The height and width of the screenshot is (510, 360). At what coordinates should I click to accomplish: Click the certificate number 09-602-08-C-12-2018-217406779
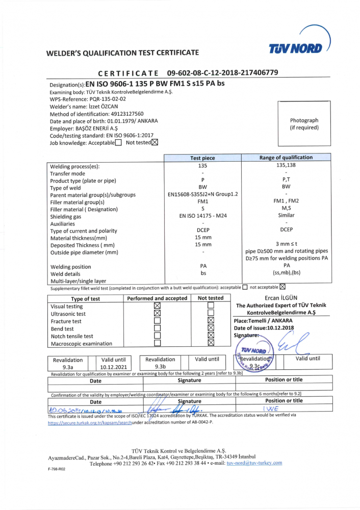coord(222,73)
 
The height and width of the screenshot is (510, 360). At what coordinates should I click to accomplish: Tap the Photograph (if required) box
coord(304,124)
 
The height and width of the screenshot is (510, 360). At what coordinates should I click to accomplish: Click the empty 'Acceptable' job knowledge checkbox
coord(118,143)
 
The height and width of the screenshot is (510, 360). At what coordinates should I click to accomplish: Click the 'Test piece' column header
coord(202,158)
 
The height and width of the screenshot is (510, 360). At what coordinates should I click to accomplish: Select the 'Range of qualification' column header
coord(286,158)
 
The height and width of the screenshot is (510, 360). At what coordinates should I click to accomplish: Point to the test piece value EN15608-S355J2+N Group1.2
coord(202,194)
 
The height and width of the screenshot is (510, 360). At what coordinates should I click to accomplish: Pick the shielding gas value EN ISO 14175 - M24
coord(202,216)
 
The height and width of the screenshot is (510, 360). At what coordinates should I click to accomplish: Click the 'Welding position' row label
coord(70,267)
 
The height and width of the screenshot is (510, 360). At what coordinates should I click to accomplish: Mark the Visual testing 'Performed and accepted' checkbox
coord(157,306)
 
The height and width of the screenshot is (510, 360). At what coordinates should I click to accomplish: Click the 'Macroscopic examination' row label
coord(81,344)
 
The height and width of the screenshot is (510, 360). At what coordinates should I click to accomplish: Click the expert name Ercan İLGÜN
coord(281,298)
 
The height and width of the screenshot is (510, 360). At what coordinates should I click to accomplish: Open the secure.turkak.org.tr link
coord(90,423)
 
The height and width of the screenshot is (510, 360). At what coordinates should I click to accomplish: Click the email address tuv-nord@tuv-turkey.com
coord(254,463)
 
